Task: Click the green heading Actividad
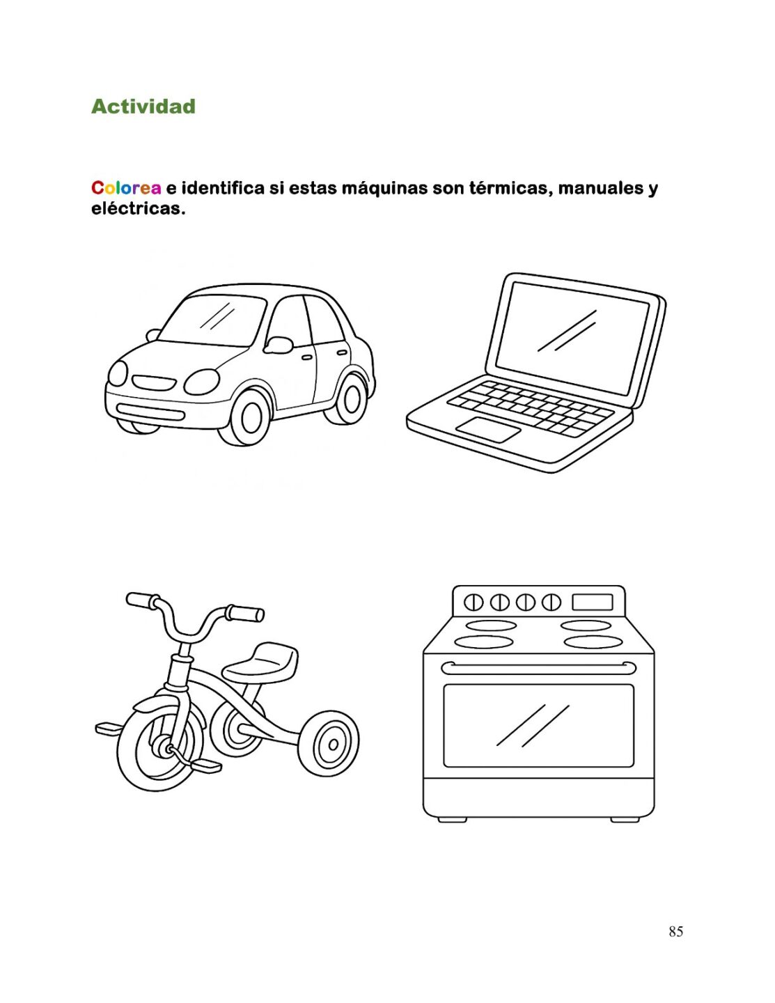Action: [143, 106]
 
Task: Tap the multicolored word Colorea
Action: [126, 188]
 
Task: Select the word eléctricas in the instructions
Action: [138, 209]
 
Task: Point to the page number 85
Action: [676, 931]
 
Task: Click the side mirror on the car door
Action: [278, 345]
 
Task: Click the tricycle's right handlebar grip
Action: [245, 613]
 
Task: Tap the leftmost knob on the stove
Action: [473, 602]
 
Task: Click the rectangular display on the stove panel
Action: [593, 602]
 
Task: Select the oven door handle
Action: [538, 667]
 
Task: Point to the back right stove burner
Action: [586, 625]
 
